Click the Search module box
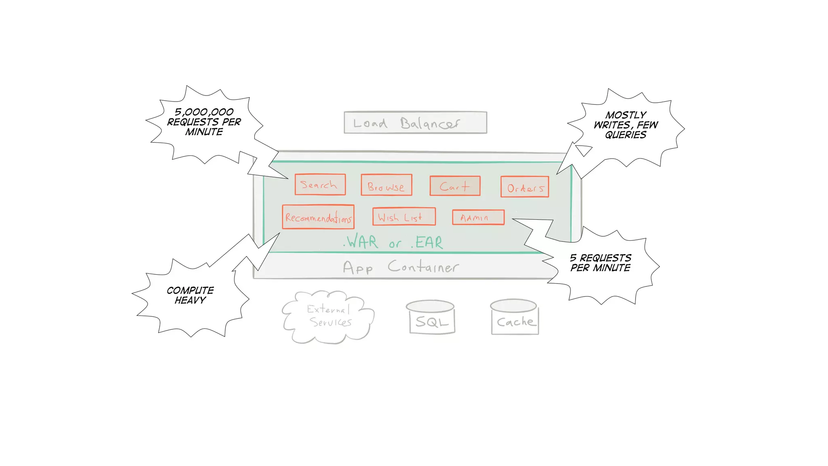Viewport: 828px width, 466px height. pyautogui.click(x=320, y=184)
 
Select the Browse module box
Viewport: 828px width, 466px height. pyautogui.click(x=386, y=185)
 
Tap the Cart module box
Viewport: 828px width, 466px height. pyautogui.click(x=455, y=186)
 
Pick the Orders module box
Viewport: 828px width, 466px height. pyautogui.click(x=524, y=187)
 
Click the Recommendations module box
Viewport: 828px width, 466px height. pyautogui.click(x=318, y=217)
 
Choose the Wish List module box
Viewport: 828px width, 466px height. pyautogui.click(x=403, y=217)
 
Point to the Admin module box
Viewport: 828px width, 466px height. pyautogui.click(x=478, y=217)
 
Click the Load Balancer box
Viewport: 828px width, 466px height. pyautogui.click(x=415, y=123)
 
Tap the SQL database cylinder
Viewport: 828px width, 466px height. pyautogui.click(x=431, y=318)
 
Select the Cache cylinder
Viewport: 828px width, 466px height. pyautogui.click(x=515, y=318)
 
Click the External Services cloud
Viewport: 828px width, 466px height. pyautogui.click(x=328, y=316)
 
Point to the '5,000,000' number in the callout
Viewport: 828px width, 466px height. pyautogui.click(x=204, y=112)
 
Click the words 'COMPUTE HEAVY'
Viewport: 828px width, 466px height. pyautogui.click(x=190, y=295)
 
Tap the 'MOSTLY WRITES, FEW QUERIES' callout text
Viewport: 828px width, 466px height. pyautogui.click(x=626, y=125)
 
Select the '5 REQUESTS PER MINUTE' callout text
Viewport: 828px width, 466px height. pyautogui.click(x=600, y=263)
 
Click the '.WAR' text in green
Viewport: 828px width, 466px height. pyautogui.click(x=361, y=242)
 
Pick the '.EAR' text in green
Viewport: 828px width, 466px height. pyautogui.click(x=427, y=242)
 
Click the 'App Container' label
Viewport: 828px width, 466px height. pyautogui.click(x=400, y=267)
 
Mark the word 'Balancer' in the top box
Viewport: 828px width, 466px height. pyautogui.click(x=430, y=123)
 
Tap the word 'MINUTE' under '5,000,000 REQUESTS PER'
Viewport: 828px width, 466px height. pyautogui.click(x=204, y=132)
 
